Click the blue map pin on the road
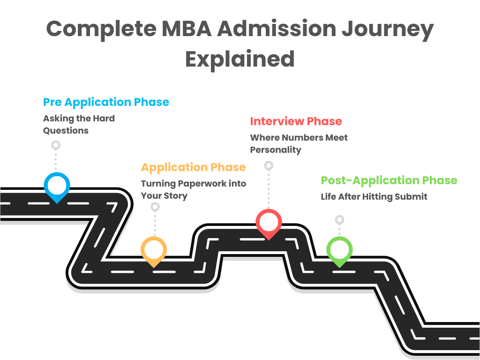point(57,186)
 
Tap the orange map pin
point(154,250)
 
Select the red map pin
point(269,223)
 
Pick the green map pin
point(339,250)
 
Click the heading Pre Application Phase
point(106,102)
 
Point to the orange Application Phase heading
point(193,167)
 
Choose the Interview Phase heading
point(296,121)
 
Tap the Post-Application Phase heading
point(389,180)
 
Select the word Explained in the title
point(240,59)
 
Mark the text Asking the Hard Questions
point(79,124)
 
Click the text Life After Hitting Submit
point(374,197)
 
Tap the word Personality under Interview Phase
point(275,150)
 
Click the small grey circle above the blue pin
point(56,145)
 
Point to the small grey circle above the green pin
point(339,219)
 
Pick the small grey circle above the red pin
point(269,165)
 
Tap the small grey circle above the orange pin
point(155,207)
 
